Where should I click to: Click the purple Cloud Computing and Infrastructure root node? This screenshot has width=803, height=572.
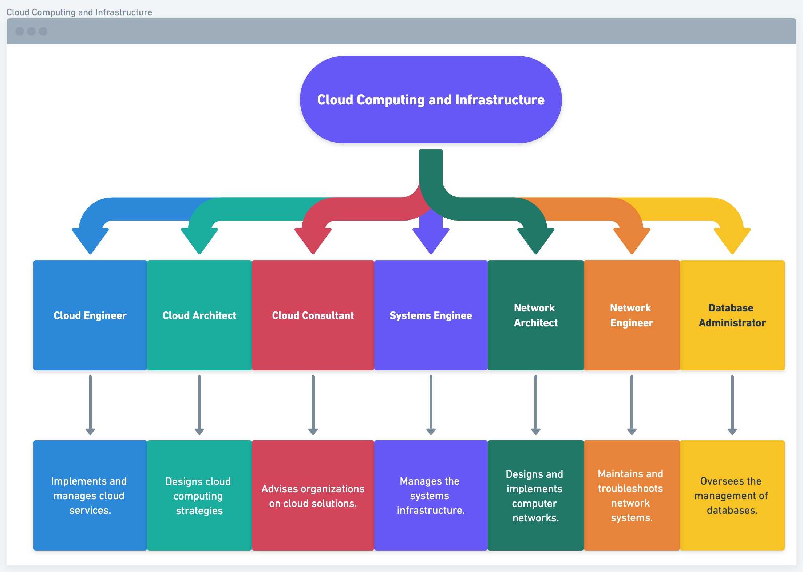pyautogui.click(x=431, y=100)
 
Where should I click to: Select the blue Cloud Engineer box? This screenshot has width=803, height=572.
pyautogui.click(x=90, y=315)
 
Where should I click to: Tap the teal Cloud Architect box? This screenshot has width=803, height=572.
pyautogui.click(x=199, y=315)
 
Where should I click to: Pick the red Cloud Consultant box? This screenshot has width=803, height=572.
pyautogui.click(x=313, y=315)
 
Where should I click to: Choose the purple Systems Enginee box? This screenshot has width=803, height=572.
pyautogui.click(x=431, y=315)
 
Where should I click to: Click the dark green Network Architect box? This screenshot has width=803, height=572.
pyautogui.click(x=535, y=315)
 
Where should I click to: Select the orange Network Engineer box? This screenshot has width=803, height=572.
pyautogui.click(x=632, y=315)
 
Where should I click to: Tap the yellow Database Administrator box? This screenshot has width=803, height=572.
pyautogui.click(x=732, y=315)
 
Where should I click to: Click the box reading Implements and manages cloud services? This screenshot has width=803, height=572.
pyautogui.click(x=90, y=495)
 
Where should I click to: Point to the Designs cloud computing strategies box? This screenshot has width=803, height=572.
pyautogui.click(x=199, y=495)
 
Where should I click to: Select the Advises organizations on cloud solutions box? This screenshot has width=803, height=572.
pyautogui.click(x=313, y=495)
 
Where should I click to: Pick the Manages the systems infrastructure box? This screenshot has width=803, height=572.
pyautogui.click(x=431, y=495)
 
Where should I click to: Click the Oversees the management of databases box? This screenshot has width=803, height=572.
pyautogui.click(x=732, y=495)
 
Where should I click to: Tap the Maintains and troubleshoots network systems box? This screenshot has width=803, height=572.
pyautogui.click(x=632, y=495)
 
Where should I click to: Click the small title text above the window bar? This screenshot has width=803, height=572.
pyautogui.click(x=79, y=12)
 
